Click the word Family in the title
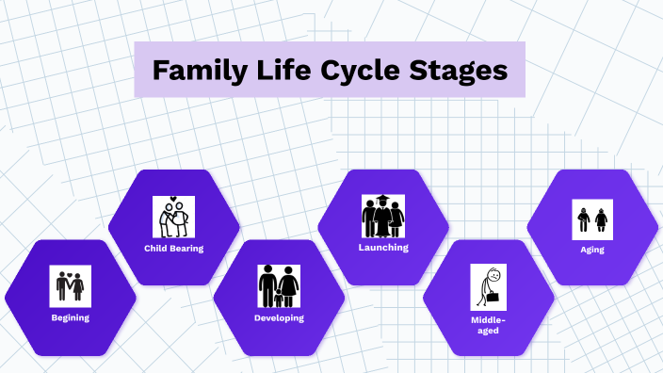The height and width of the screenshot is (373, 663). click(x=199, y=71)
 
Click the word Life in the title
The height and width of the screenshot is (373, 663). click(x=277, y=71)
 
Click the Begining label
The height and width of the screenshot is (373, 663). click(x=71, y=317)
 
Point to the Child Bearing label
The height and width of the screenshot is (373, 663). click(x=173, y=249)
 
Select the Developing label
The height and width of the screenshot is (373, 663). click(x=279, y=318)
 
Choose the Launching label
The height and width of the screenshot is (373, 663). click(x=383, y=248)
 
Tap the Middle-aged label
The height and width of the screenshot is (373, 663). click(x=488, y=325)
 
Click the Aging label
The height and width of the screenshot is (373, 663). click(x=592, y=250)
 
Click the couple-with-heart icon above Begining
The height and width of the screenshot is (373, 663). click(x=71, y=285)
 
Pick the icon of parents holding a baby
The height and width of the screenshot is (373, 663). click(x=173, y=217)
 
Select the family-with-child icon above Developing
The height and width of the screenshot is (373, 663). click(x=279, y=285)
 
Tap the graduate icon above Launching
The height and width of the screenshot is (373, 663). click(x=383, y=216)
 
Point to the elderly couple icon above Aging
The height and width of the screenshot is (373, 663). click(x=592, y=219)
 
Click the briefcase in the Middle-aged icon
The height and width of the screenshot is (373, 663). click(x=493, y=299)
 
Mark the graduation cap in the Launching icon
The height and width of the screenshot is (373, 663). click(x=383, y=200)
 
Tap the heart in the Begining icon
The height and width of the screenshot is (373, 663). click(x=71, y=271)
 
